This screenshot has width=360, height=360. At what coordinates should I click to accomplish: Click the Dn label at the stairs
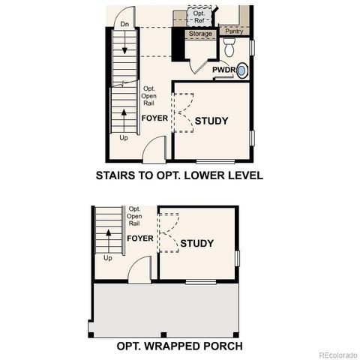pyautogui.click(x=124, y=25)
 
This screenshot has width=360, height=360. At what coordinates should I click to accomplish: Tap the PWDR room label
pyautogui.click(x=223, y=70)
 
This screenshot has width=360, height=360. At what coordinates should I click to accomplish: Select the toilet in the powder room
pyautogui.click(x=229, y=49)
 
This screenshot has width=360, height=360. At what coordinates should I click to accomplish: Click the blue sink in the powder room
pyautogui.click(x=242, y=70)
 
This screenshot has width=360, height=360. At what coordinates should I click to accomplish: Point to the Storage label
pyautogui.click(x=200, y=34)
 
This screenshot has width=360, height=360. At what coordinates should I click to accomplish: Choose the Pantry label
pyautogui.click(x=234, y=32)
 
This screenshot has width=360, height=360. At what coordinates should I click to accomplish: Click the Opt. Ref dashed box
pyautogui.click(x=199, y=16)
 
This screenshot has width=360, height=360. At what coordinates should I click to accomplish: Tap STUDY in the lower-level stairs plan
pyautogui.click(x=211, y=121)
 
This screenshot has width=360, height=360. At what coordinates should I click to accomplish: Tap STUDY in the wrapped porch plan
pyautogui.click(x=196, y=243)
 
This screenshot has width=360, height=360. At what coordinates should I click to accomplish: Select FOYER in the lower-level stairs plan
pyautogui.click(x=155, y=118)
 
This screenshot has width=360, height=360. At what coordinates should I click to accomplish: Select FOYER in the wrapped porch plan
pyautogui.click(x=139, y=238)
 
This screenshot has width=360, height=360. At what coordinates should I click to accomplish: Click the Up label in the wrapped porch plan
pyautogui.click(x=108, y=258)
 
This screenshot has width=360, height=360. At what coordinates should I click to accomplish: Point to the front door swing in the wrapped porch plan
pyautogui.click(x=139, y=271)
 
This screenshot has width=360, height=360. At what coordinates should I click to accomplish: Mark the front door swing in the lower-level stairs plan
pyautogui.click(x=154, y=150)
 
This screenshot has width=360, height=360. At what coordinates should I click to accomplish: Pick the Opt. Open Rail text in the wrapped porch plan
pyautogui.click(x=135, y=216)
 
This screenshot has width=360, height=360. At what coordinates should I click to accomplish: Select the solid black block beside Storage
pyautogui.click(x=178, y=45)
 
